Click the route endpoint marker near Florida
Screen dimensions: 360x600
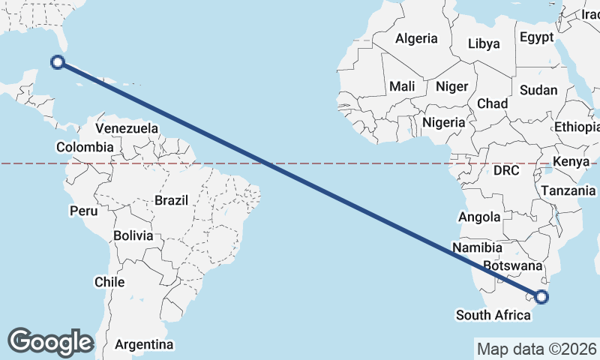click(x=58, y=62)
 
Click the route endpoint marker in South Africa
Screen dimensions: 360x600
click(x=541, y=297)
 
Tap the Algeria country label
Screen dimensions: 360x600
click(x=416, y=38)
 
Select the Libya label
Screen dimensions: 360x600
click(x=484, y=43)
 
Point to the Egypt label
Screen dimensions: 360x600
click(x=536, y=37)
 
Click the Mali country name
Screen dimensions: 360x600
click(x=402, y=86)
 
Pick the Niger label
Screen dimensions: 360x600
click(x=451, y=86)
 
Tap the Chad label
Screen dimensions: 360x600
click(x=492, y=103)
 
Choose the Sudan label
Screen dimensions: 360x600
click(x=538, y=90)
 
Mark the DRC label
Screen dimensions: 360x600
click(x=506, y=170)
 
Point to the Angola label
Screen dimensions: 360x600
click(x=479, y=217)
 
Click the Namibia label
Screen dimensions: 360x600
click(x=478, y=247)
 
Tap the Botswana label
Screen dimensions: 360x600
click(x=513, y=265)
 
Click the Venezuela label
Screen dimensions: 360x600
click(x=127, y=128)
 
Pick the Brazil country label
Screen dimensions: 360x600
click(x=172, y=200)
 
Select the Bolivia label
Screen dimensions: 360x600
click(x=133, y=235)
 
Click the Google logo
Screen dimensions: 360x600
click(x=50, y=341)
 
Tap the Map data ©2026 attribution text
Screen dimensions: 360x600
click(x=536, y=349)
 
